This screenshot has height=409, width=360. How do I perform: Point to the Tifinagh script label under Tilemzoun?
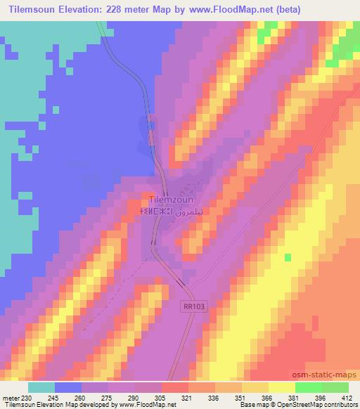154,210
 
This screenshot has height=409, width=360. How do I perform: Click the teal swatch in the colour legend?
41,387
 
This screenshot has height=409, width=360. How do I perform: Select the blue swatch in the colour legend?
68,387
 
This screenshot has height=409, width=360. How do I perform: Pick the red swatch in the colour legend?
175,387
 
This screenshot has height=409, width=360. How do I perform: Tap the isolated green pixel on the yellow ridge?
287,257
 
